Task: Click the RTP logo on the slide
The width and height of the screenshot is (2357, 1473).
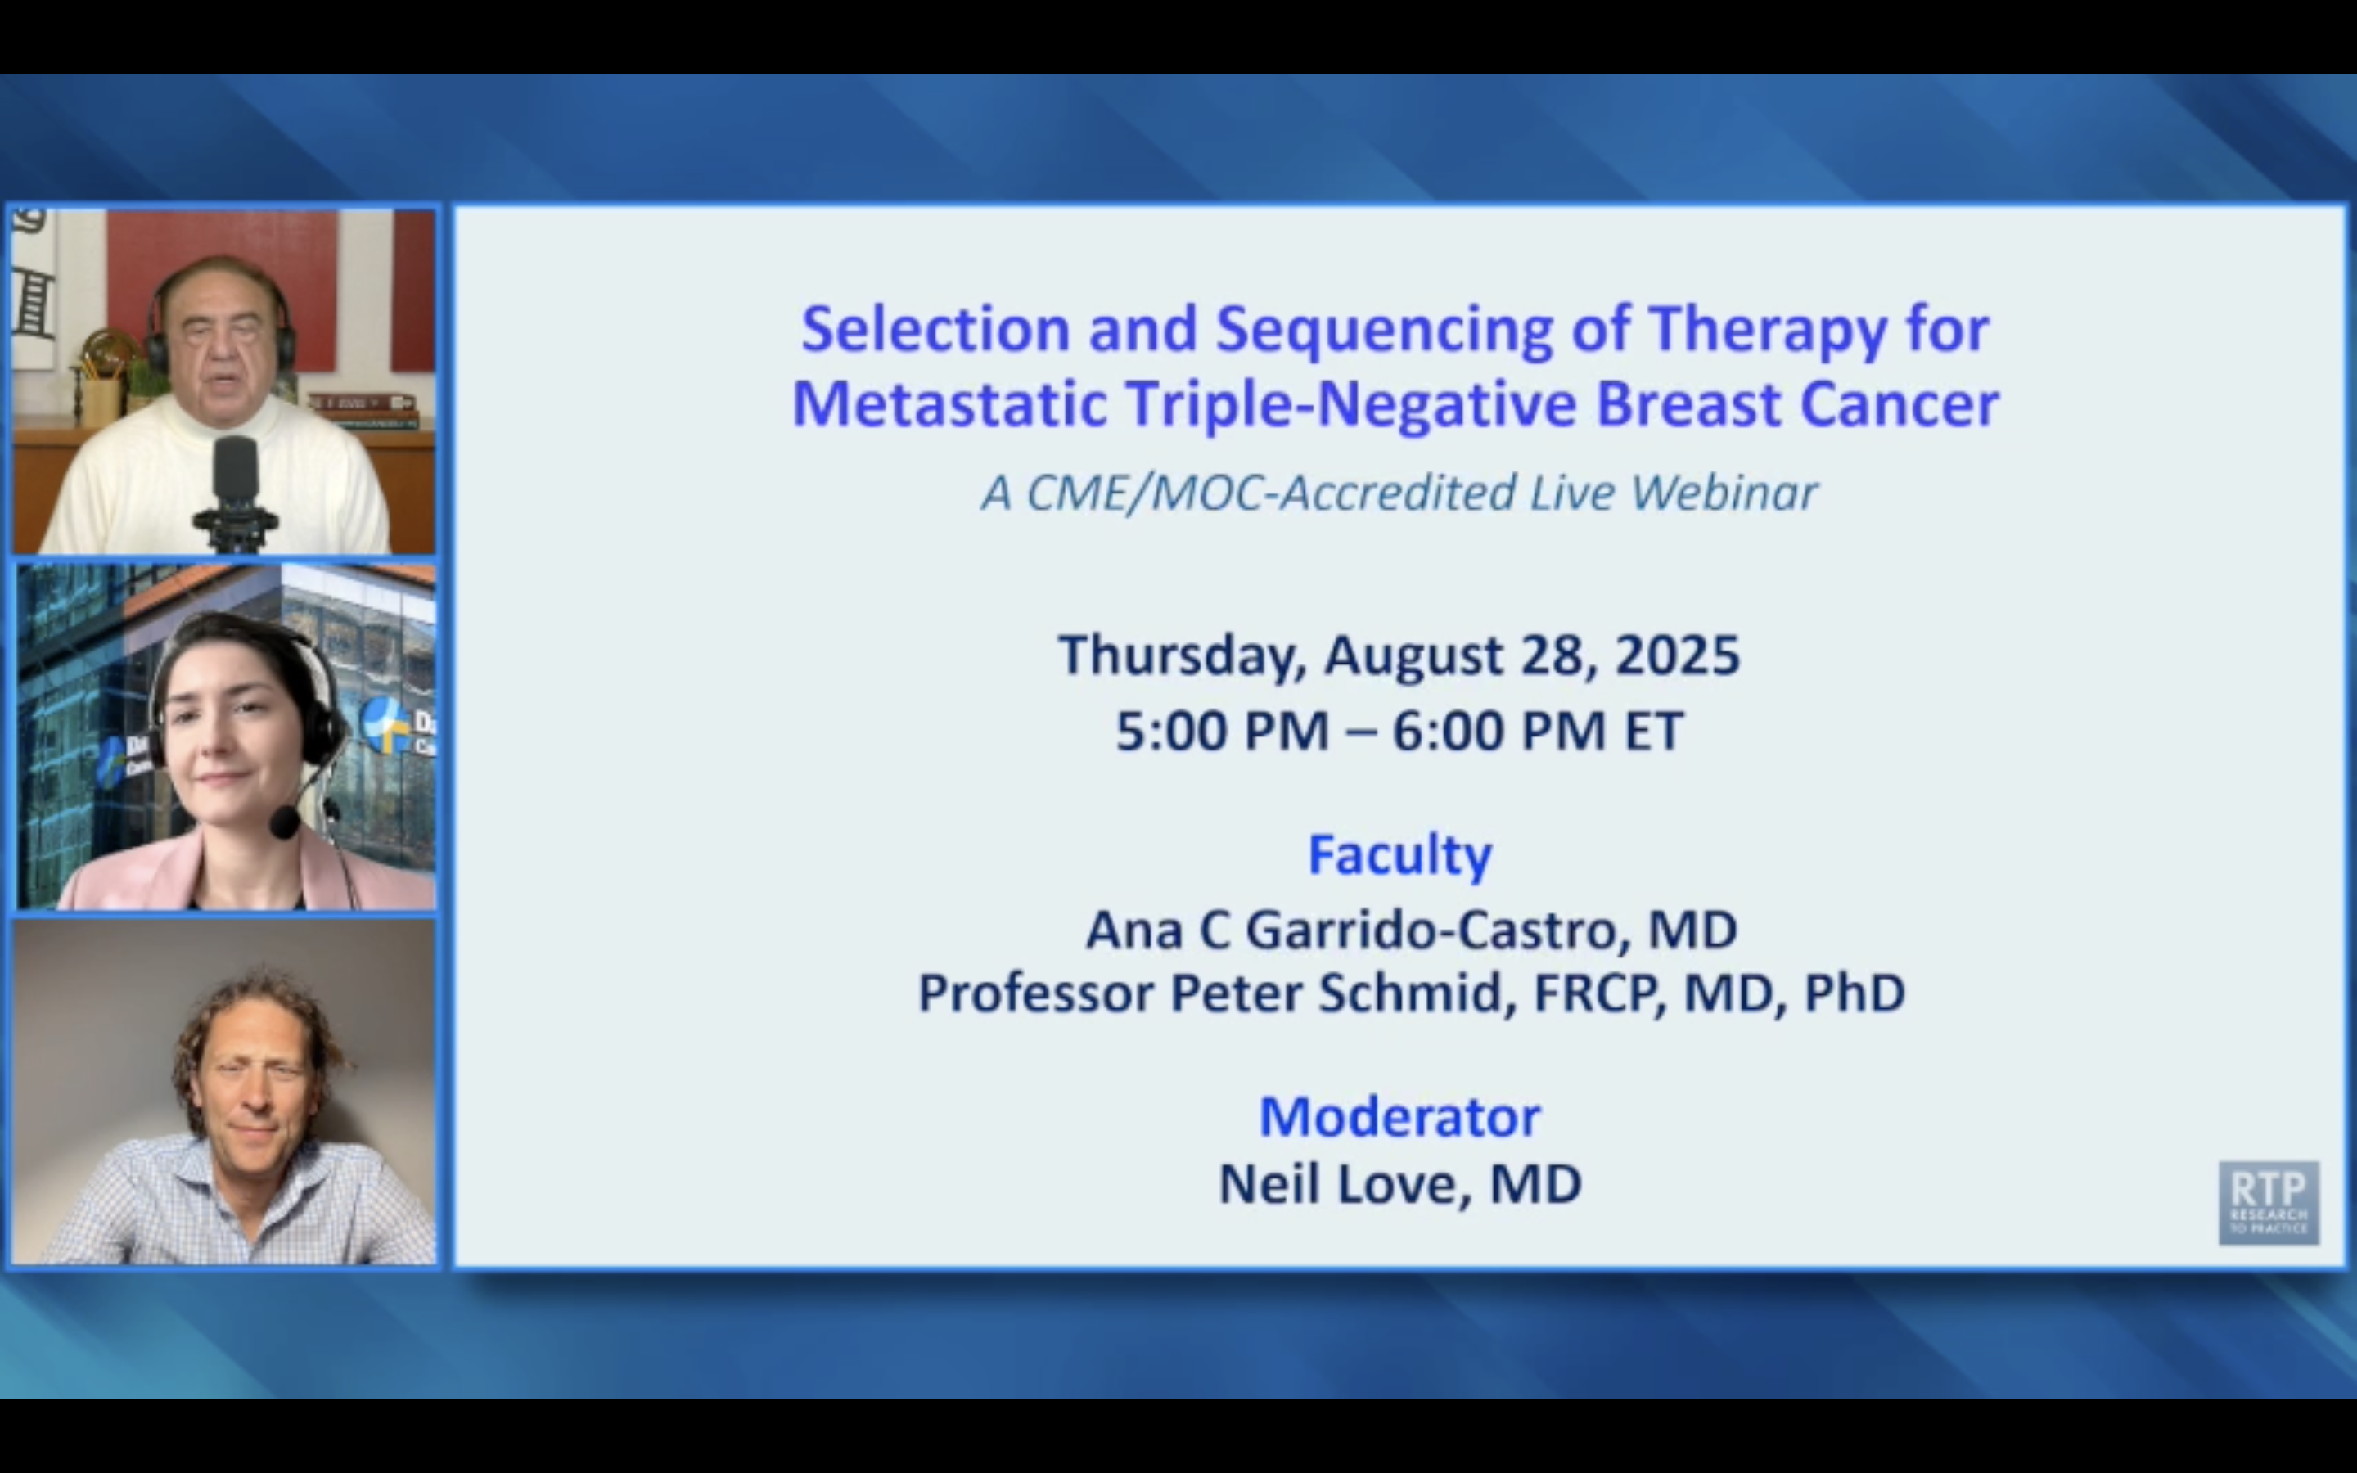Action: pos(2269,1202)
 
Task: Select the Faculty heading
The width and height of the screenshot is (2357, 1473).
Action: pos(1399,855)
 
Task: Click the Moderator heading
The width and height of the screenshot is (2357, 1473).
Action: pos(1399,1116)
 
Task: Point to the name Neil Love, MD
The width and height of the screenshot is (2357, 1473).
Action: pos(1399,1185)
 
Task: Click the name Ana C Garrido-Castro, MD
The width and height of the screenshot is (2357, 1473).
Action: pos(1411,930)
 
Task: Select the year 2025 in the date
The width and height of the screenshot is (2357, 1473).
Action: pos(1677,655)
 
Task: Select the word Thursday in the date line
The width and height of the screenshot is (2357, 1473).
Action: pos(1183,655)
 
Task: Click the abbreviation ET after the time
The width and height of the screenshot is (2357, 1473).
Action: pos(1653,731)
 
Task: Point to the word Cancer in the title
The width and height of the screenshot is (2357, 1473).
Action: pos(1900,404)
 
